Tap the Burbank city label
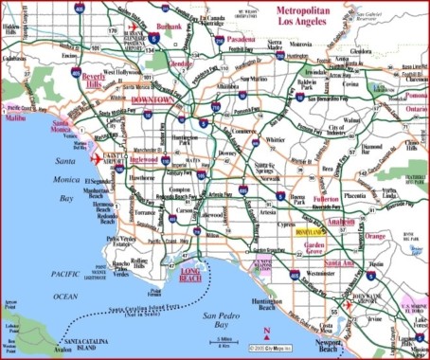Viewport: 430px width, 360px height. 168,27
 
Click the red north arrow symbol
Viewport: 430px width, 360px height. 268,332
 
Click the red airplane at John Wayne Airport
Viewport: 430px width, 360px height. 349,306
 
